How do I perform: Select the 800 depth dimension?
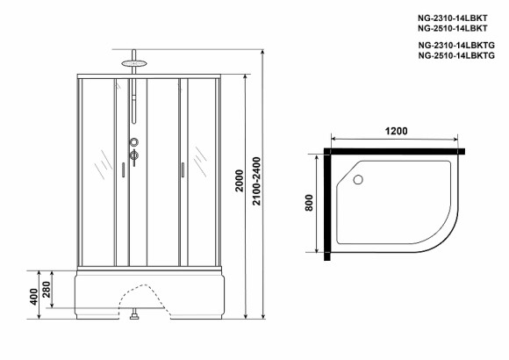[308, 203]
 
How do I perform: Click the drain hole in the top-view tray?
[357, 181]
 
